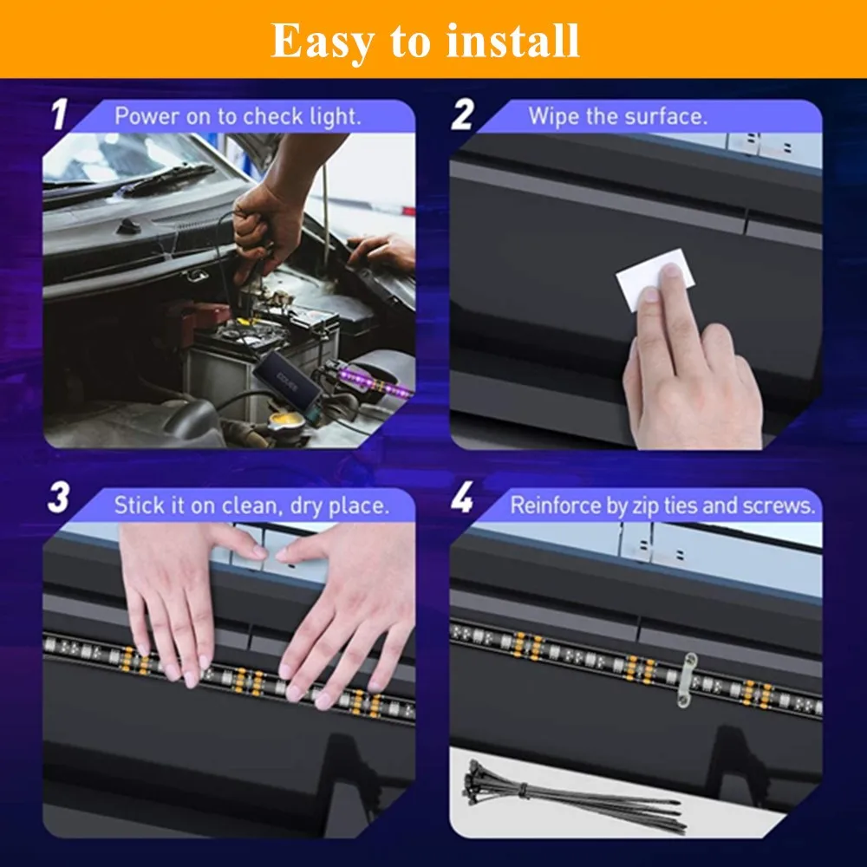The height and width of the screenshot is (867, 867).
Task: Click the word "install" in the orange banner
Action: point(512,41)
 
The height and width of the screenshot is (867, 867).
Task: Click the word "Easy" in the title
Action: point(322,42)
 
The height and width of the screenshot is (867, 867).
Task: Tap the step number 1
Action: point(59,114)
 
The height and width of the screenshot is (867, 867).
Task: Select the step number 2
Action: point(462,114)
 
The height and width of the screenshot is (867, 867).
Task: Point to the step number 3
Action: point(59,497)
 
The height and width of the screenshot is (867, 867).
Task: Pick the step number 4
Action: point(462,497)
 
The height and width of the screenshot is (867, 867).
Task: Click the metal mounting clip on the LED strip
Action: point(686,680)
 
